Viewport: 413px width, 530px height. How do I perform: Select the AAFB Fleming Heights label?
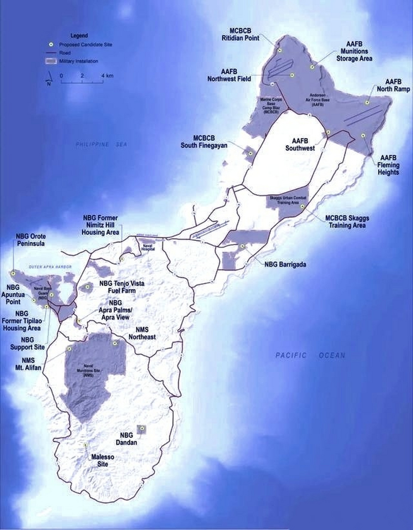(388, 165)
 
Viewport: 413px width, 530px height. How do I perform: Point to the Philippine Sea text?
(101, 145)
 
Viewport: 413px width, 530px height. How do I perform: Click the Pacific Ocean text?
(310, 355)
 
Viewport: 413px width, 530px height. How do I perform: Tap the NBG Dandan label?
(127, 438)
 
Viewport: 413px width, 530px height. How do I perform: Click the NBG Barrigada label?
(286, 264)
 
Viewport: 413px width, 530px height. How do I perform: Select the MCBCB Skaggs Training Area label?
(347, 222)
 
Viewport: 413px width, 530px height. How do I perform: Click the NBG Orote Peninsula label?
(31, 240)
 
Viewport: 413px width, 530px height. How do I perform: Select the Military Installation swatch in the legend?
(50, 61)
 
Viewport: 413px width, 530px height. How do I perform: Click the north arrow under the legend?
(49, 77)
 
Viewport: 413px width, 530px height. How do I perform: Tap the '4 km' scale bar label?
(107, 76)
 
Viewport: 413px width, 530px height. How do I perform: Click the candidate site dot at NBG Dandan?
(142, 429)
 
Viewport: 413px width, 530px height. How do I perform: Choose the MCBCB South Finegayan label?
(204, 142)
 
